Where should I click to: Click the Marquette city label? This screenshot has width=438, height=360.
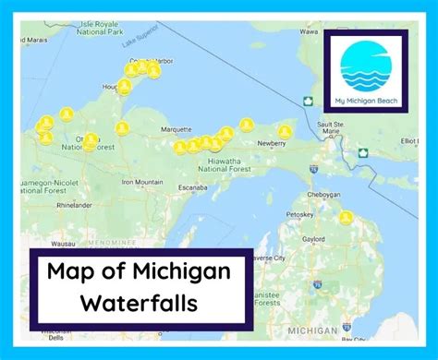(176, 129)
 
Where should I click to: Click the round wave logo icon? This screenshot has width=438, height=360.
(365, 65)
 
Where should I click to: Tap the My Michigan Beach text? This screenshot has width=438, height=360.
(365, 100)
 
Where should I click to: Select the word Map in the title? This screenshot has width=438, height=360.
(69, 271)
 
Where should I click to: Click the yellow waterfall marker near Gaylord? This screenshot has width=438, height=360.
(345, 218)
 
